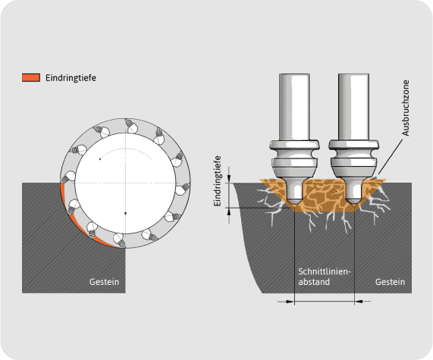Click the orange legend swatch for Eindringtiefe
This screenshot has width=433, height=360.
pyautogui.click(x=31, y=77)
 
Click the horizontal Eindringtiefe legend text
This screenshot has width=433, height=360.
pyautogui.click(x=71, y=78)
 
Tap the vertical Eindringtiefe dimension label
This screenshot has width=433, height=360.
pyautogui.click(x=218, y=181)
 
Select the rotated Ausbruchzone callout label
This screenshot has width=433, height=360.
pyautogui.click(x=406, y=108)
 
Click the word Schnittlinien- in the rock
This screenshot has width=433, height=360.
pyautogui.click(x=325, y=271)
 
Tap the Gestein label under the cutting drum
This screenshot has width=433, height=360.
pyautogui.click(x=104, y=282)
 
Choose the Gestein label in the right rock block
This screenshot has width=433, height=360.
pyautogui.click(x=390, y=282)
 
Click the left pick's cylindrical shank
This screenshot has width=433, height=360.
pyautogui.click(x=294, y=107)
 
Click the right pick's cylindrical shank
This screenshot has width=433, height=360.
pyautogui.click(x=353, y=107)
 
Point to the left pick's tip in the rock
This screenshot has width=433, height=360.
pyautogui.click(x=294, y=203)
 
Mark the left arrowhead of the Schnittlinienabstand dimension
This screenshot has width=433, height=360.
pyautogui.click(x=290, y=302)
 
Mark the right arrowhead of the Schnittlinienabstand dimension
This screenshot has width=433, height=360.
pyautogui.click(x=359, y=302)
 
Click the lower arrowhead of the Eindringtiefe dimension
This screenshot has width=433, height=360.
pyautogui.click(x=229, y=211)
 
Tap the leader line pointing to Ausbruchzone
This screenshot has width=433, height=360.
pyautogui.click(x=391, y=157)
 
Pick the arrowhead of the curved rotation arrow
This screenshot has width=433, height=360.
pyautogui.click(x=100, y=158)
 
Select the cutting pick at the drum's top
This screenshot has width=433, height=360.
pyautogui.click(x=131, y=126)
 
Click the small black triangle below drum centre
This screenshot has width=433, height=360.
pyautogui.click(x=125, y=214)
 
